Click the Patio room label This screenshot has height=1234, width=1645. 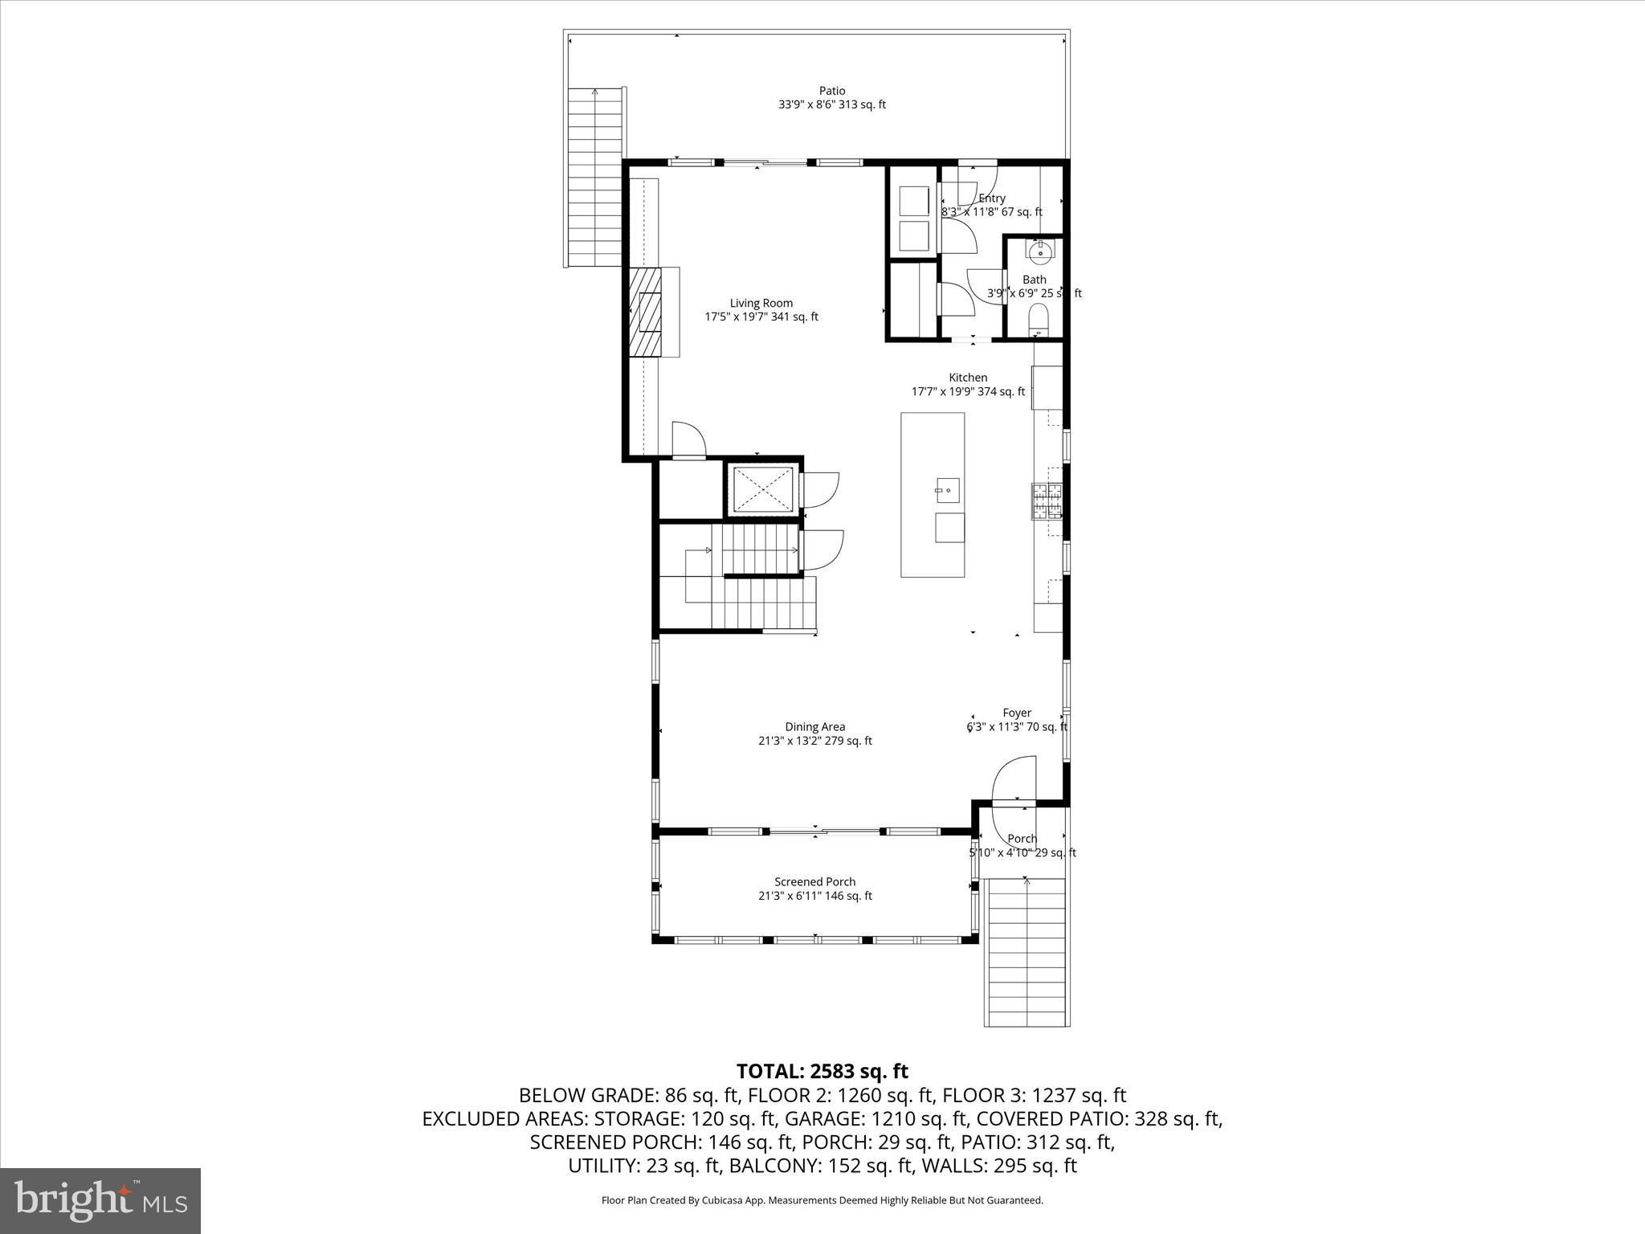click(x=832, y=91)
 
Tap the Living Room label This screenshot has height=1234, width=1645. click(x=761, y=303)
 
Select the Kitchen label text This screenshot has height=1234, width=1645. click(x=968, y=378)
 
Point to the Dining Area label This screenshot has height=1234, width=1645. click(x=814, y=727)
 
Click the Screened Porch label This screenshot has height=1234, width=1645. click(x=814, y=882)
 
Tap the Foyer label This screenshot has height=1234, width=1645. click(x=1017, y=713)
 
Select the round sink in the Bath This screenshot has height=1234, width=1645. click(x=1039, y=252)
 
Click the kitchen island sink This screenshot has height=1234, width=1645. click(x=948, y=488)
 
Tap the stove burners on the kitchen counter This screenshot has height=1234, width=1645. click(x=1047, y=501)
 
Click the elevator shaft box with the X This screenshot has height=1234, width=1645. click(x=761, y=490)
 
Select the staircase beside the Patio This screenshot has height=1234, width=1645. click(x=595, y=177)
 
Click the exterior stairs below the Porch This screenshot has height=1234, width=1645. click(x=1027, y=952)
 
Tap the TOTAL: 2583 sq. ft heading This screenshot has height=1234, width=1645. click(x=822, y=1071)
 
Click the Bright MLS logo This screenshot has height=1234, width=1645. click(x=100, y=1200)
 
